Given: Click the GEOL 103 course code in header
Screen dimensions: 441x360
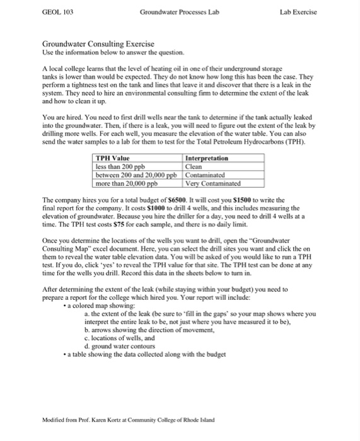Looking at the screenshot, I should pyautogui.click(x=54, y=12).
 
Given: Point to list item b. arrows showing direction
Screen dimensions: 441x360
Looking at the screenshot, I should pyautogui.click(x=148, y=329).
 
